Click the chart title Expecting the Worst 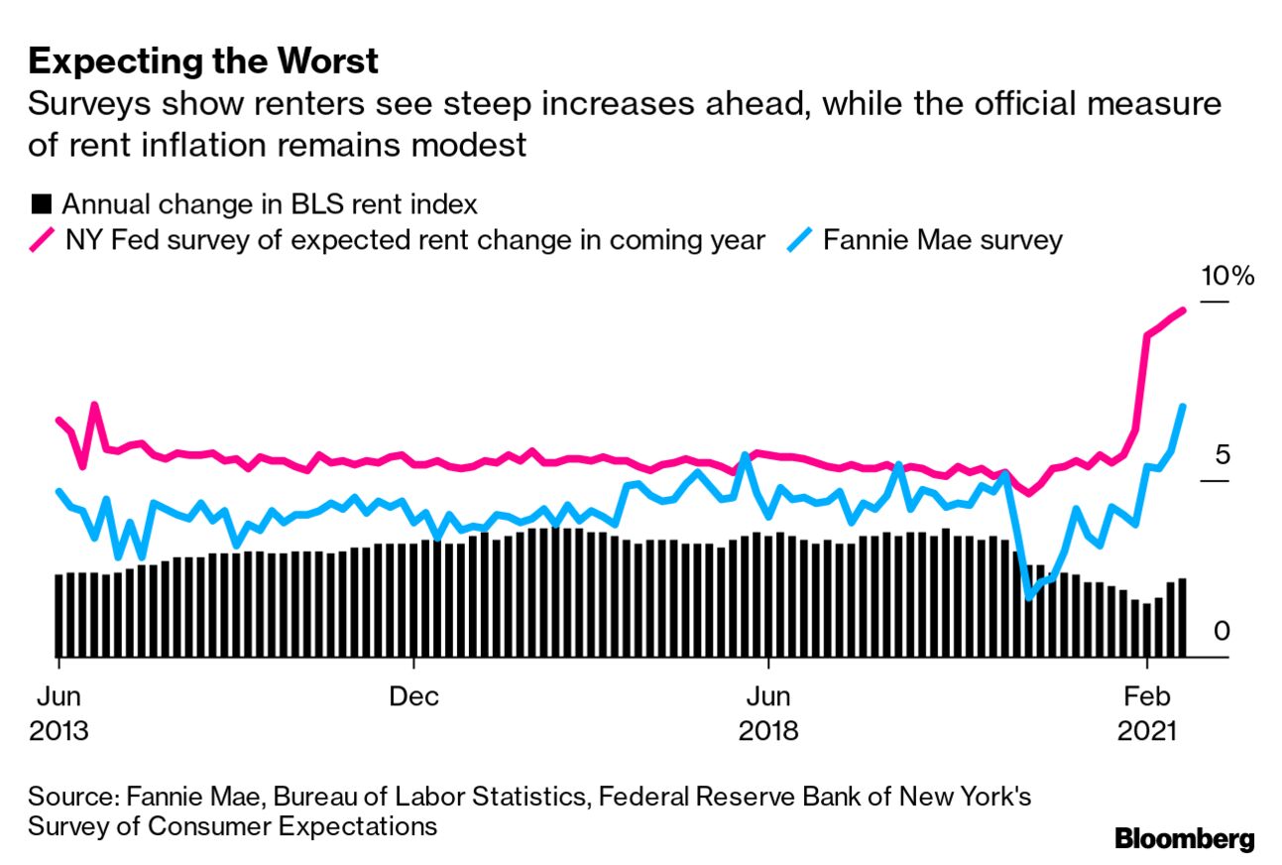click(203, 62)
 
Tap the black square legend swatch click(41, 205)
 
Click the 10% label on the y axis click(1227, 277)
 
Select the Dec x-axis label click(413, 695)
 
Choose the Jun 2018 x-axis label click(768, 713)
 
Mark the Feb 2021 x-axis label click(1147, 713)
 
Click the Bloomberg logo click(1184, 838)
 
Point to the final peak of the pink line click(1182, 310)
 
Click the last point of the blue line click(1183, 406)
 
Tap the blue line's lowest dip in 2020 click(1028, 596)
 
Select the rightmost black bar click(1182, 617)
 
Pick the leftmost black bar click(58, 615)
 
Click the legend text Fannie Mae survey click(942, 241)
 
